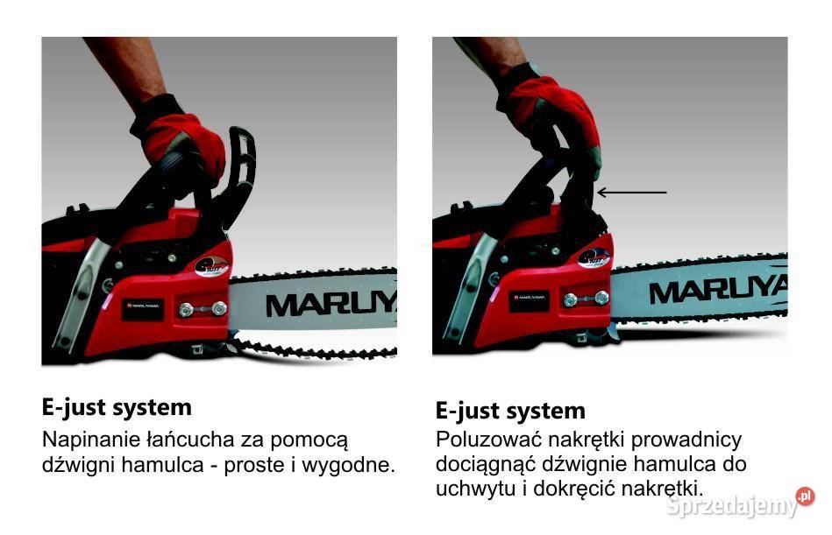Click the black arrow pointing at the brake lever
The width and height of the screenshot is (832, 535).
630,192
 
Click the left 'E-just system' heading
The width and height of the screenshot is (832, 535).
117,407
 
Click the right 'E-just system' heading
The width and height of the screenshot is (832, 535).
510,411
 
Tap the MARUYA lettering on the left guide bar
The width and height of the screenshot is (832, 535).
330,305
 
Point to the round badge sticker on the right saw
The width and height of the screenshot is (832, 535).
593,257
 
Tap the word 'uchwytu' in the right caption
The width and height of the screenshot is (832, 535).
475,488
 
